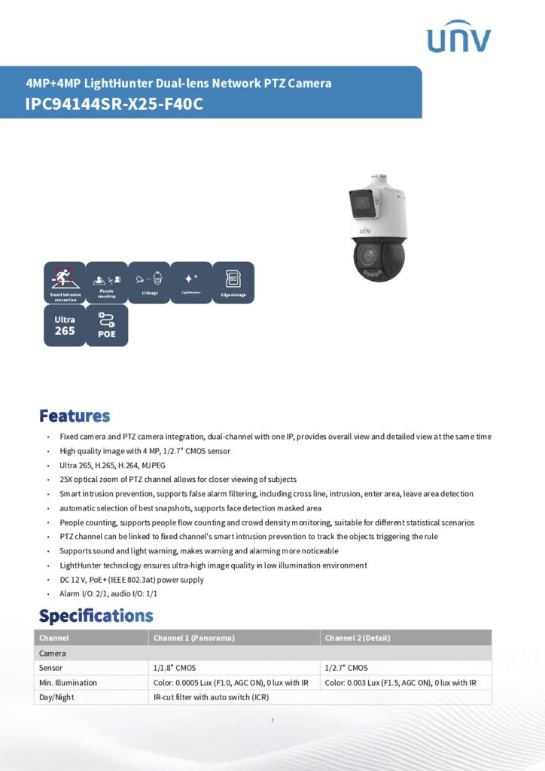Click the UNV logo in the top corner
(x=458, y=38)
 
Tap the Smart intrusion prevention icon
(x=64, y=282)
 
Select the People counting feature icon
(x=107, y=282)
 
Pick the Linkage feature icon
(x=149, y=282)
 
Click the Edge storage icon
(x=233, y=282)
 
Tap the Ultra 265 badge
(x=64, y=325)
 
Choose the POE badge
(x=107, y=325)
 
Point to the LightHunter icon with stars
(x=191, y=282)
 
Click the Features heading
(x=75, y=416)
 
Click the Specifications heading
(x=96, y=616)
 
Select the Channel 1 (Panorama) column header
(x=194, y=638)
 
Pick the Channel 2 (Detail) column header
(x=358, y=638)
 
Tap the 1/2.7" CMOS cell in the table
(x=346, y=668)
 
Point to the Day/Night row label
(x=56, y=697)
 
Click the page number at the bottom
(x=272, y=721)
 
